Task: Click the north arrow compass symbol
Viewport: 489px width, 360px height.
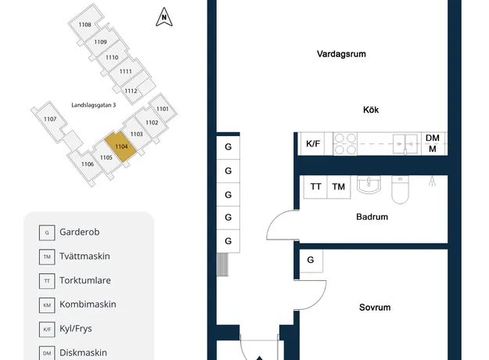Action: [x=164, y=17]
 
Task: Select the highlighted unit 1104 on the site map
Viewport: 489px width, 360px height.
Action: [x=120, y=146]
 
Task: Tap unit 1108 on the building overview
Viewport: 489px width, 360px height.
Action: [x=84, y=24]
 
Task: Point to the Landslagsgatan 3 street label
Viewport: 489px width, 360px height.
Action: [x=94, y=105]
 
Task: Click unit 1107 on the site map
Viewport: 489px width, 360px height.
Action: [x=50, y=119]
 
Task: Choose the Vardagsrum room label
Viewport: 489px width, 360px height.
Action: [x=341, y=54]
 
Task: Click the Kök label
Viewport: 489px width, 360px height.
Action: [x=371, y=110]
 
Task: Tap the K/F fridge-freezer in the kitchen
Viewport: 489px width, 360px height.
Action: [x=313, y=143]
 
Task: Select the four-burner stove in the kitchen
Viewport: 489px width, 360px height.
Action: [x=345, y=144]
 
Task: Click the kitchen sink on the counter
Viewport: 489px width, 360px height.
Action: [x=405, y=144]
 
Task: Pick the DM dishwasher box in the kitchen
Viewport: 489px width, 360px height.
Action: [x=433, y=143]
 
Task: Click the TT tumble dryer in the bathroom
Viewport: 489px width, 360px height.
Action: [x=315, y=186]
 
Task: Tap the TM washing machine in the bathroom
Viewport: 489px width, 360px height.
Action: [x=339, y=186]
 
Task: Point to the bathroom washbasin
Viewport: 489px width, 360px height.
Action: [x=369, y=185]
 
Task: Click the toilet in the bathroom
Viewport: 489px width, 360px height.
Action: [x=400, y=189]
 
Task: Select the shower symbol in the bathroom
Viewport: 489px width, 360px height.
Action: [x=432, y=182]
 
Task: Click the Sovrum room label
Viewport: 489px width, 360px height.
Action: [x=375, y=308]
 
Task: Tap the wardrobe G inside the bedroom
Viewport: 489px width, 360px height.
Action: [x=311, y=260]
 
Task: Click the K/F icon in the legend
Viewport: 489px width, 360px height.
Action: [x=47, y=329]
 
